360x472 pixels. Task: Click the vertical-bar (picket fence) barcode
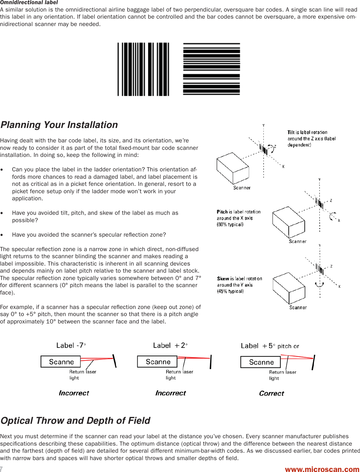point(143,69)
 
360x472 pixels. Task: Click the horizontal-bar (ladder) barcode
point(212,69)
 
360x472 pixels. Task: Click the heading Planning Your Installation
point(59,125)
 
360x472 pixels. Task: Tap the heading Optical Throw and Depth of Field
point(75,421)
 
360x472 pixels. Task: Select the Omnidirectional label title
point(29,3)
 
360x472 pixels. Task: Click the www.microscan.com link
point(322,469)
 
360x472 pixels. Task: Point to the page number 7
point(2,469)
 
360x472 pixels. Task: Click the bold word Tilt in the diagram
point(291,132)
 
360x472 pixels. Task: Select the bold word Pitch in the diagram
point(222,212)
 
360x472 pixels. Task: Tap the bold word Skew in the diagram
point(223,279)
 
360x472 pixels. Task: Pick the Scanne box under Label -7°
point(61,362)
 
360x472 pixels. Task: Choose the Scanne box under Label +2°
point(157,362)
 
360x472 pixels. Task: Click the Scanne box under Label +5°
point(261,362)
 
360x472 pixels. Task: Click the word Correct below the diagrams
point(272,394)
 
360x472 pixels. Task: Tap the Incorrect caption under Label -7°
point(74,393)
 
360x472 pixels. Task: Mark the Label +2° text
point(170,346)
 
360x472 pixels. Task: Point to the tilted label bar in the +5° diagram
point(313,362)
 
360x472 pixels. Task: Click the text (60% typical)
point(230,225)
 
